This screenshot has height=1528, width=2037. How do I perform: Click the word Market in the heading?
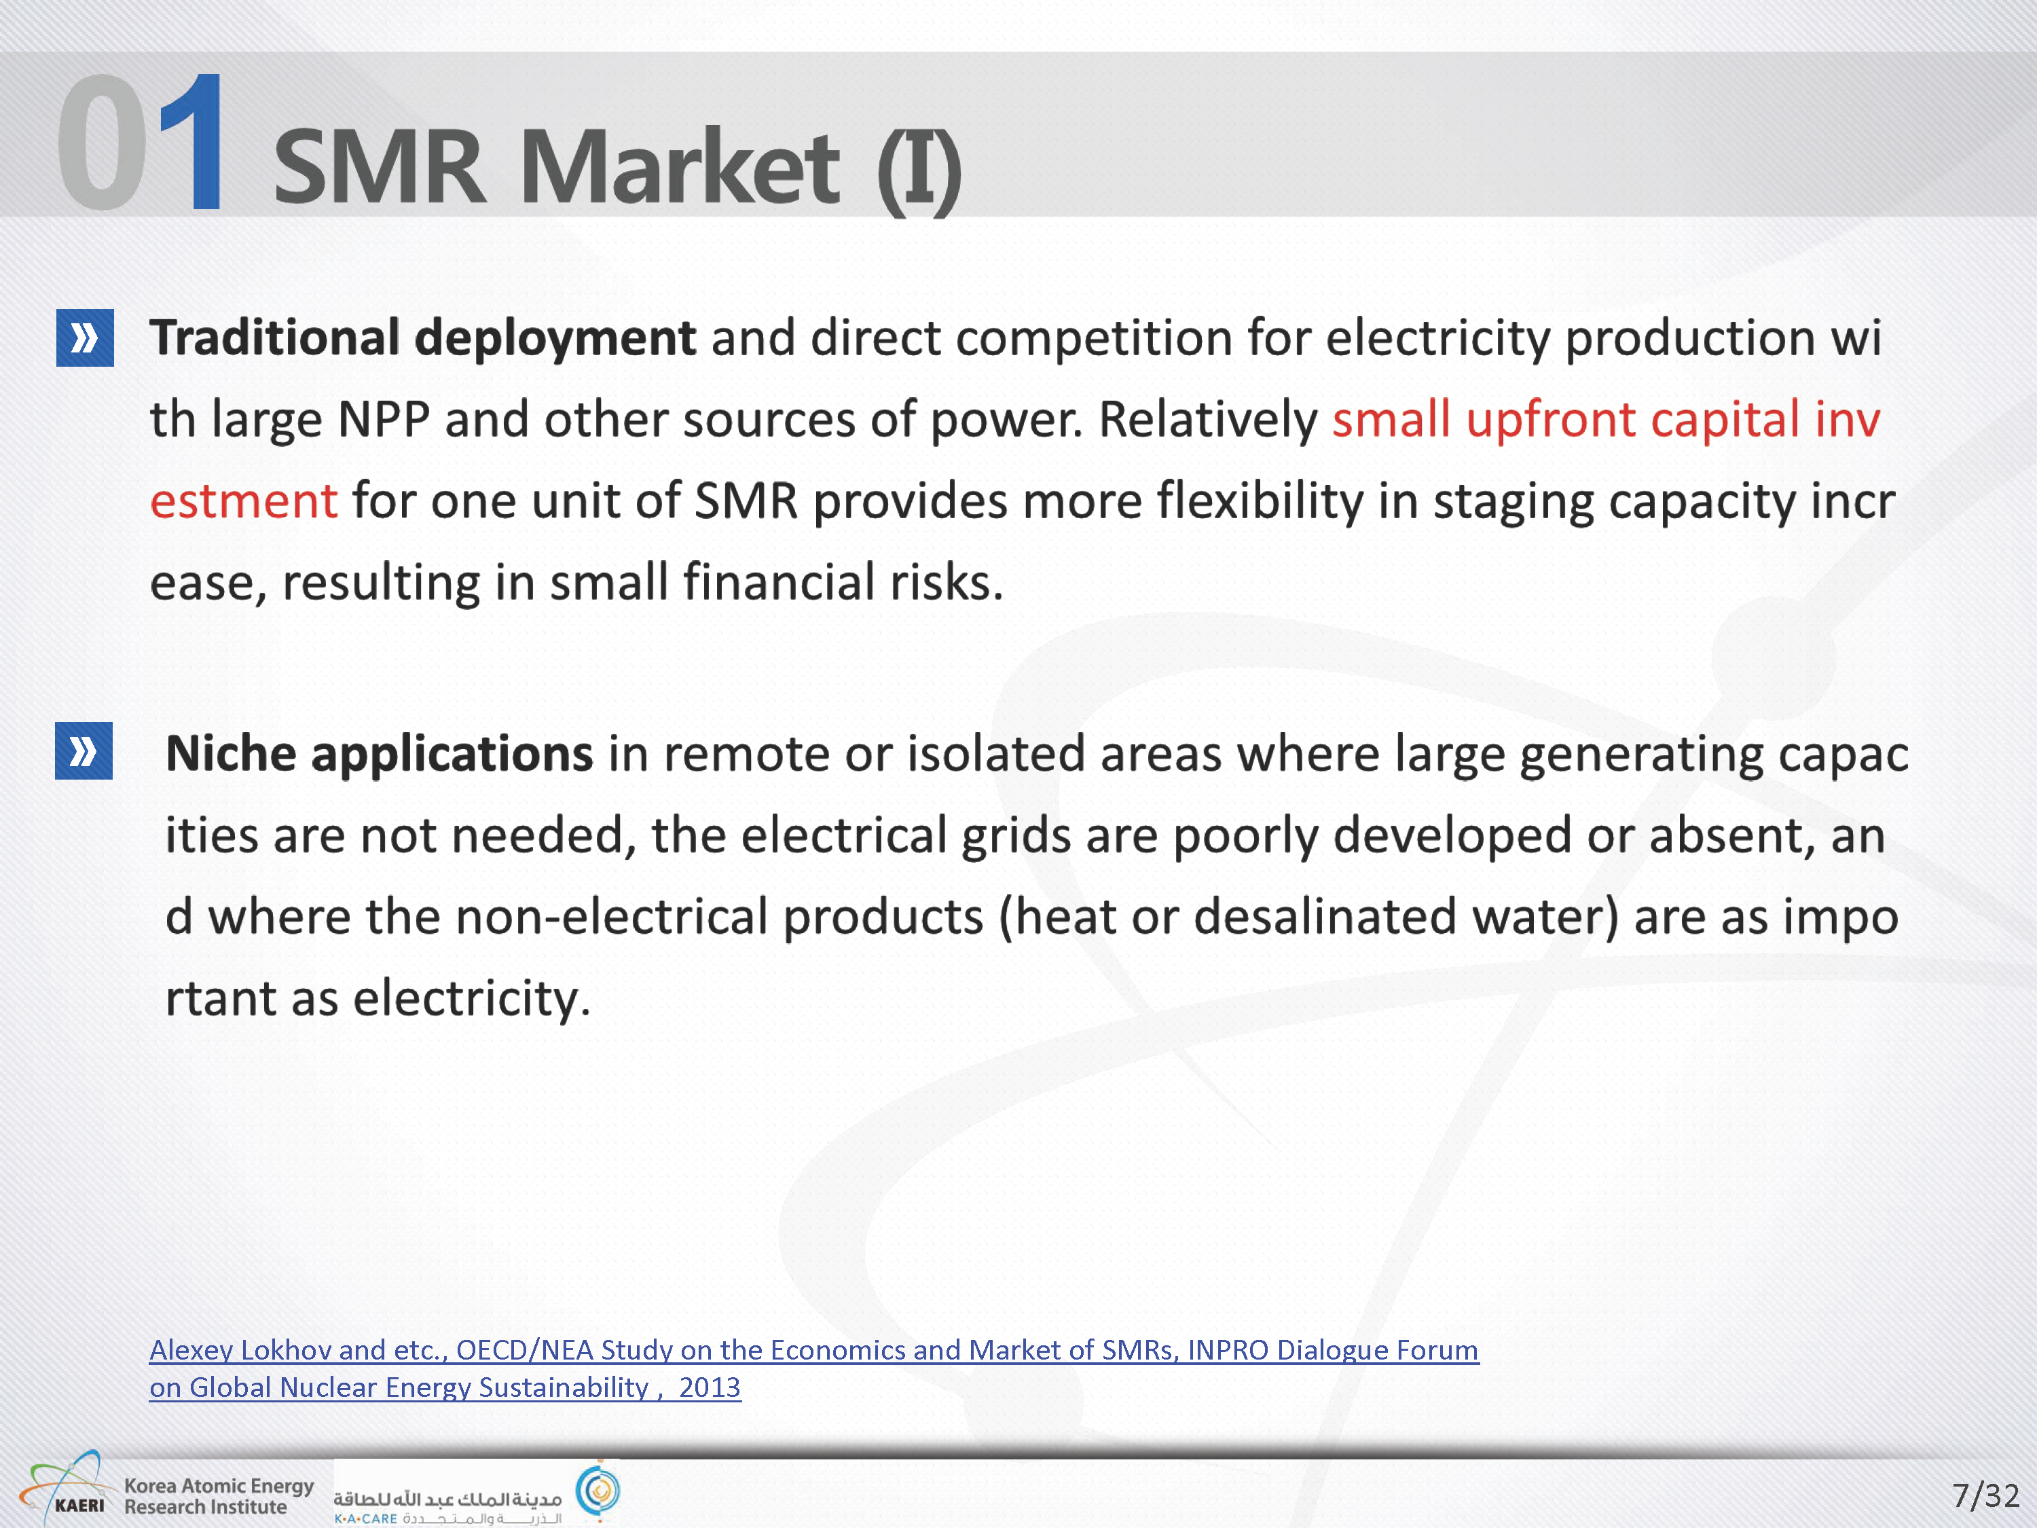tap(680, 166)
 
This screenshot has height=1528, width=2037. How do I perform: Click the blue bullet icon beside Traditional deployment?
tap(85, 338)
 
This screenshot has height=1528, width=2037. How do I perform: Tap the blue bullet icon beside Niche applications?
tap(84, 750)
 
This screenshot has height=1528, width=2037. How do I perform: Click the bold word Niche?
tap(231, 753)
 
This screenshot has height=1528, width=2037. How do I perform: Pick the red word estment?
tap(244, 502)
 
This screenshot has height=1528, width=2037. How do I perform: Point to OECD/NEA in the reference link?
tap(521, 1350)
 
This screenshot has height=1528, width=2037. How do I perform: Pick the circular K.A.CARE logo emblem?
tap(598, 1490)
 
